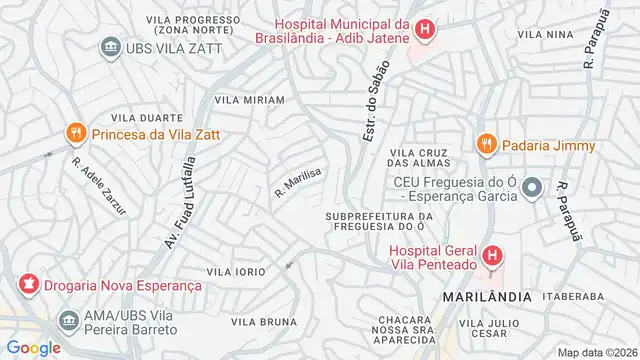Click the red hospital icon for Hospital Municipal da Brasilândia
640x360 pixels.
(x=425, y=30)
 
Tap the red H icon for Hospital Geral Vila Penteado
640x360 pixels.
(x=492, y=257)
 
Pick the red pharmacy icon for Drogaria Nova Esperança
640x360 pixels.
(x=27, y=285)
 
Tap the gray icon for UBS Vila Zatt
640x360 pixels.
(x=108, y=47)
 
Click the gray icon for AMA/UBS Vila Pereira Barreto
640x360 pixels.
(x=69, y=321)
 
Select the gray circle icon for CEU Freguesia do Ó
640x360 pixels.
(x=533, y=187)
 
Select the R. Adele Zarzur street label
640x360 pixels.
(x=91, y=181)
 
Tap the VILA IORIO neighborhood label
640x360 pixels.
(x=236, y=272)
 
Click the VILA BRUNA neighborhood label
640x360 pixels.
(x=264, y=322)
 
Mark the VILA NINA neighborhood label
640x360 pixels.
(x=545, y=35)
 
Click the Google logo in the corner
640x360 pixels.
(x=33, y=347)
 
